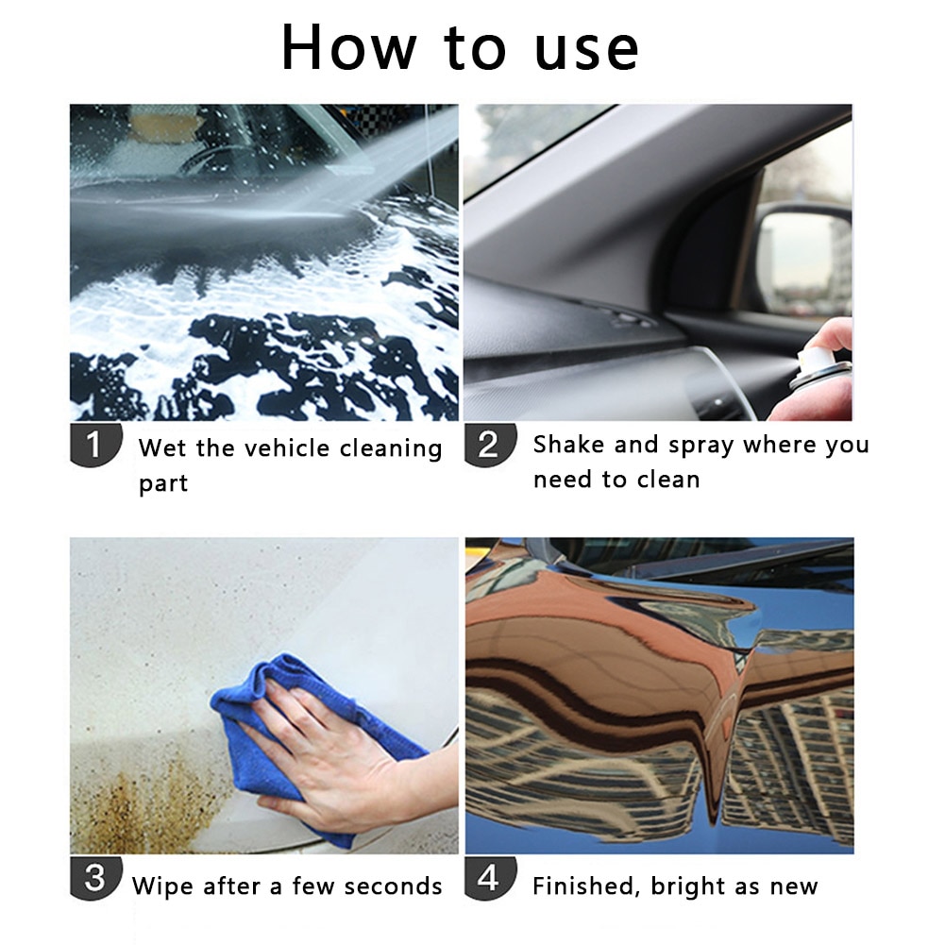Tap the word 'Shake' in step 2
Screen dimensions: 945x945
point(569,445)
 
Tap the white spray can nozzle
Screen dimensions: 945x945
point(814,362)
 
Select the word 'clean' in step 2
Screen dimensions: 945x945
point(667,480)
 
